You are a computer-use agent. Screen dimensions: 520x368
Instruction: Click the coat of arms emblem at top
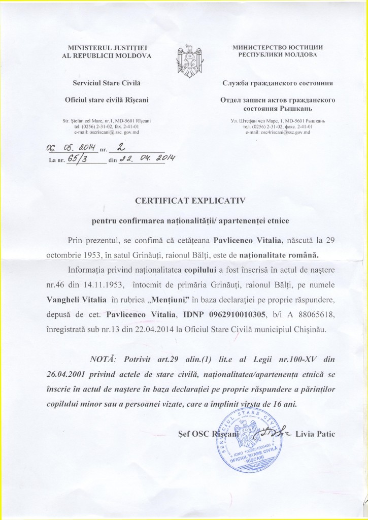pos(184,56)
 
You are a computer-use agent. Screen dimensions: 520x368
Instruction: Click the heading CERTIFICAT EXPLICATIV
pos(189,201)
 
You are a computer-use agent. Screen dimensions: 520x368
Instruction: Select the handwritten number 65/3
pos(77,158)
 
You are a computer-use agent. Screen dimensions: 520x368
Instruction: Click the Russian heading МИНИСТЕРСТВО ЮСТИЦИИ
pos(277,47)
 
